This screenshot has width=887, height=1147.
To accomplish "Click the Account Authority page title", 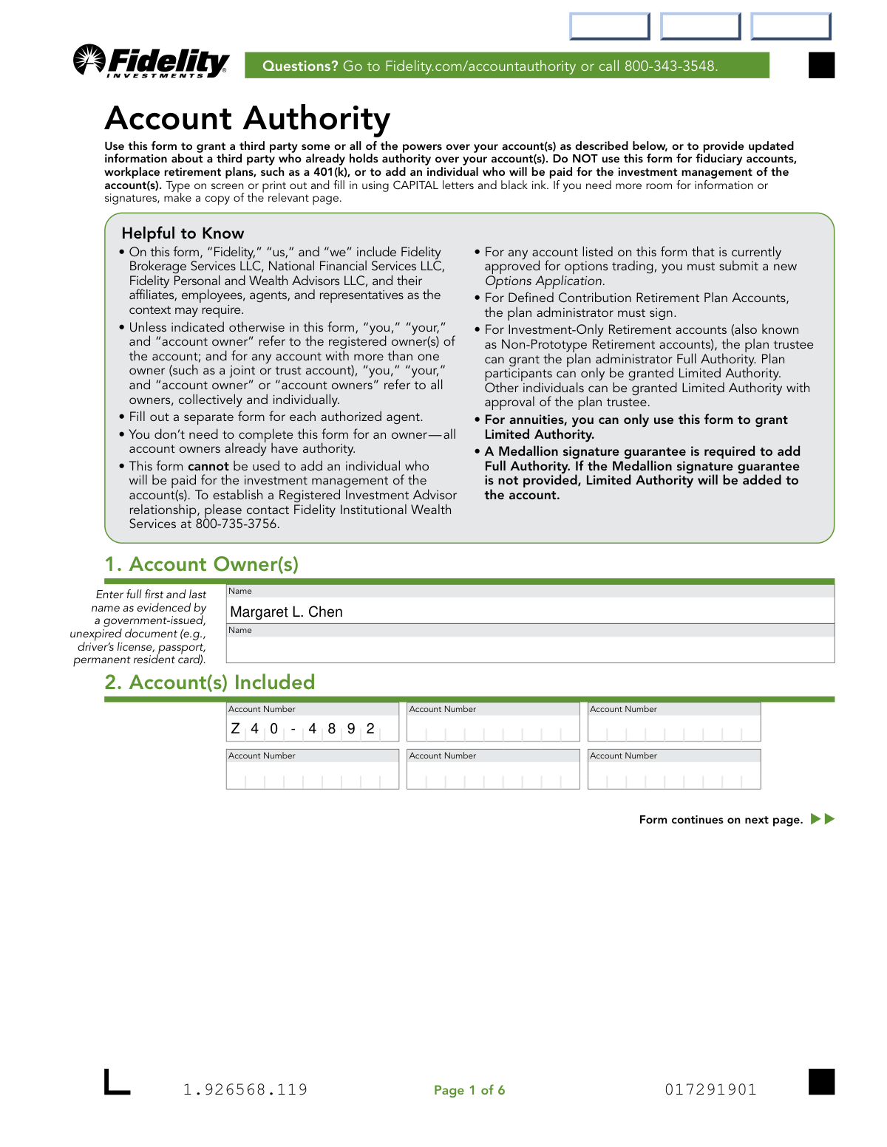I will (x=248, y=118).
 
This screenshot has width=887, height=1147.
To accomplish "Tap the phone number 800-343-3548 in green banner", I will (x=670, y=66).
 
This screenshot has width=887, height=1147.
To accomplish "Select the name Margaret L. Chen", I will (x=286, y=612).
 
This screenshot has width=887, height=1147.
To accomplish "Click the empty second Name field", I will (x=529, y=649).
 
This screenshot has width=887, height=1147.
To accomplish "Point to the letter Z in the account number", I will (x=235, y=729).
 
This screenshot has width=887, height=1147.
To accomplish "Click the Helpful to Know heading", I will (x=183, y=233).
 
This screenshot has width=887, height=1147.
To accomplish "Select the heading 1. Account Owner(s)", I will (x=202, y=564).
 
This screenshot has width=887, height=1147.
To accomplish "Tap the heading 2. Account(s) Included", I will (x=210, y=682).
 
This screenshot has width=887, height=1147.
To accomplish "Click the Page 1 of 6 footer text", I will (x=469, y=1090).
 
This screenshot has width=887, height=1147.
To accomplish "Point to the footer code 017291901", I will (x=710, y=1089).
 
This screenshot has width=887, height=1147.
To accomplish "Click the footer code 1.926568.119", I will (x=245, y=1089).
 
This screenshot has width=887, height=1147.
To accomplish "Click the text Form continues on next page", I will (x=721, y=820).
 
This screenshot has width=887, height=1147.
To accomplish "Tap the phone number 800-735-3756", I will (x=237, y=524).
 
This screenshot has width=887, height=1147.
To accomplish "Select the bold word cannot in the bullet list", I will (x=208, y=466).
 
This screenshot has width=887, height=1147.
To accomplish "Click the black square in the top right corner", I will (x=821, y=65).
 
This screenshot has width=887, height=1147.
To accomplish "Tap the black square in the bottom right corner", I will (x=821, y=1081).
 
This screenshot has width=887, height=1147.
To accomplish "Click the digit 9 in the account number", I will (x=351, y=729).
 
